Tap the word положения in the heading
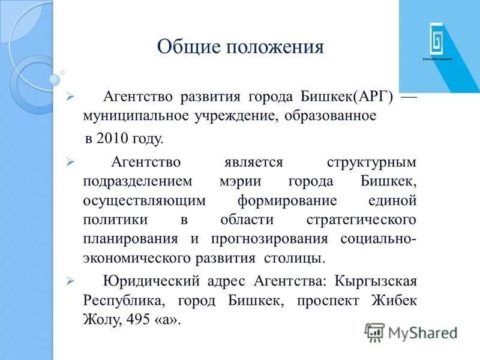pos(270,47)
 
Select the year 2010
pos(110,139)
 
